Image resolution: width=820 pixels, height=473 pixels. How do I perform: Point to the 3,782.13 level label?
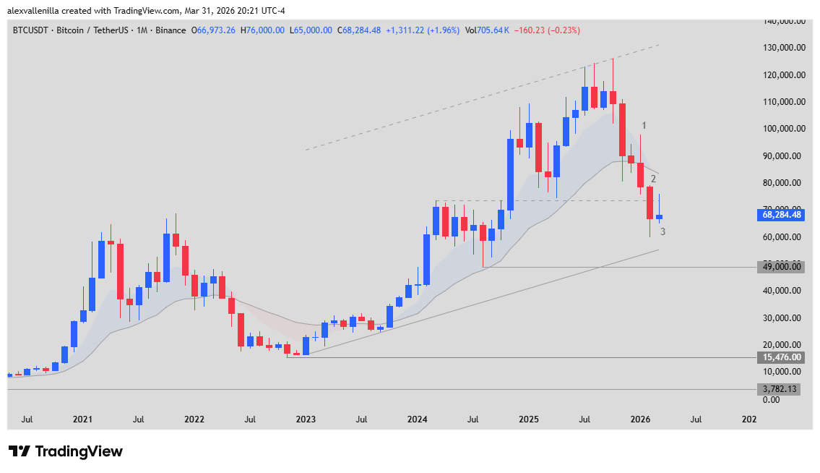click(782, 389)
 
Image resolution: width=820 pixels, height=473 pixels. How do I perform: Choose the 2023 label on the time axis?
click(306, 419)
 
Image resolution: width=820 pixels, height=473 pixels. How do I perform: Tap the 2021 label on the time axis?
click(82, 419)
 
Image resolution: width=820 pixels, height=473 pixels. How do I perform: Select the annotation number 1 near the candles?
click(644, 126)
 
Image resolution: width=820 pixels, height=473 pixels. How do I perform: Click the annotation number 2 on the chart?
click(653, 179)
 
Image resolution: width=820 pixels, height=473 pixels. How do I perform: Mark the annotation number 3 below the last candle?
click(663, 231)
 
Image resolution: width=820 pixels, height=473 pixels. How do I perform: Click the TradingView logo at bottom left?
click(66, 451)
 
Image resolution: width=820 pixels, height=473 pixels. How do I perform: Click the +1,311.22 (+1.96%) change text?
click(423, 30)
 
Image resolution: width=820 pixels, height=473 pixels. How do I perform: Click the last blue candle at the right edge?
click(659, 217)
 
